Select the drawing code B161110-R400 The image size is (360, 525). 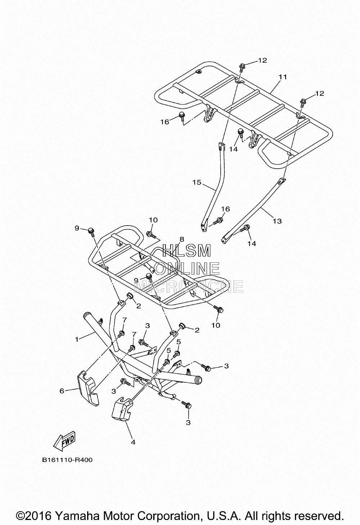67,460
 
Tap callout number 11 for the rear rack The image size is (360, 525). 283,77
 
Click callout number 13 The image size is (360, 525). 277,221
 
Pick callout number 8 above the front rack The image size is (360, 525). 182,239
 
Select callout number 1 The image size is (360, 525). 77,339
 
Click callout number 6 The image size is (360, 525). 62,391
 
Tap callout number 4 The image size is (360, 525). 133,442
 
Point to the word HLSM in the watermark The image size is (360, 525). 186,250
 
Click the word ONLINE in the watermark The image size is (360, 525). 187,268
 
